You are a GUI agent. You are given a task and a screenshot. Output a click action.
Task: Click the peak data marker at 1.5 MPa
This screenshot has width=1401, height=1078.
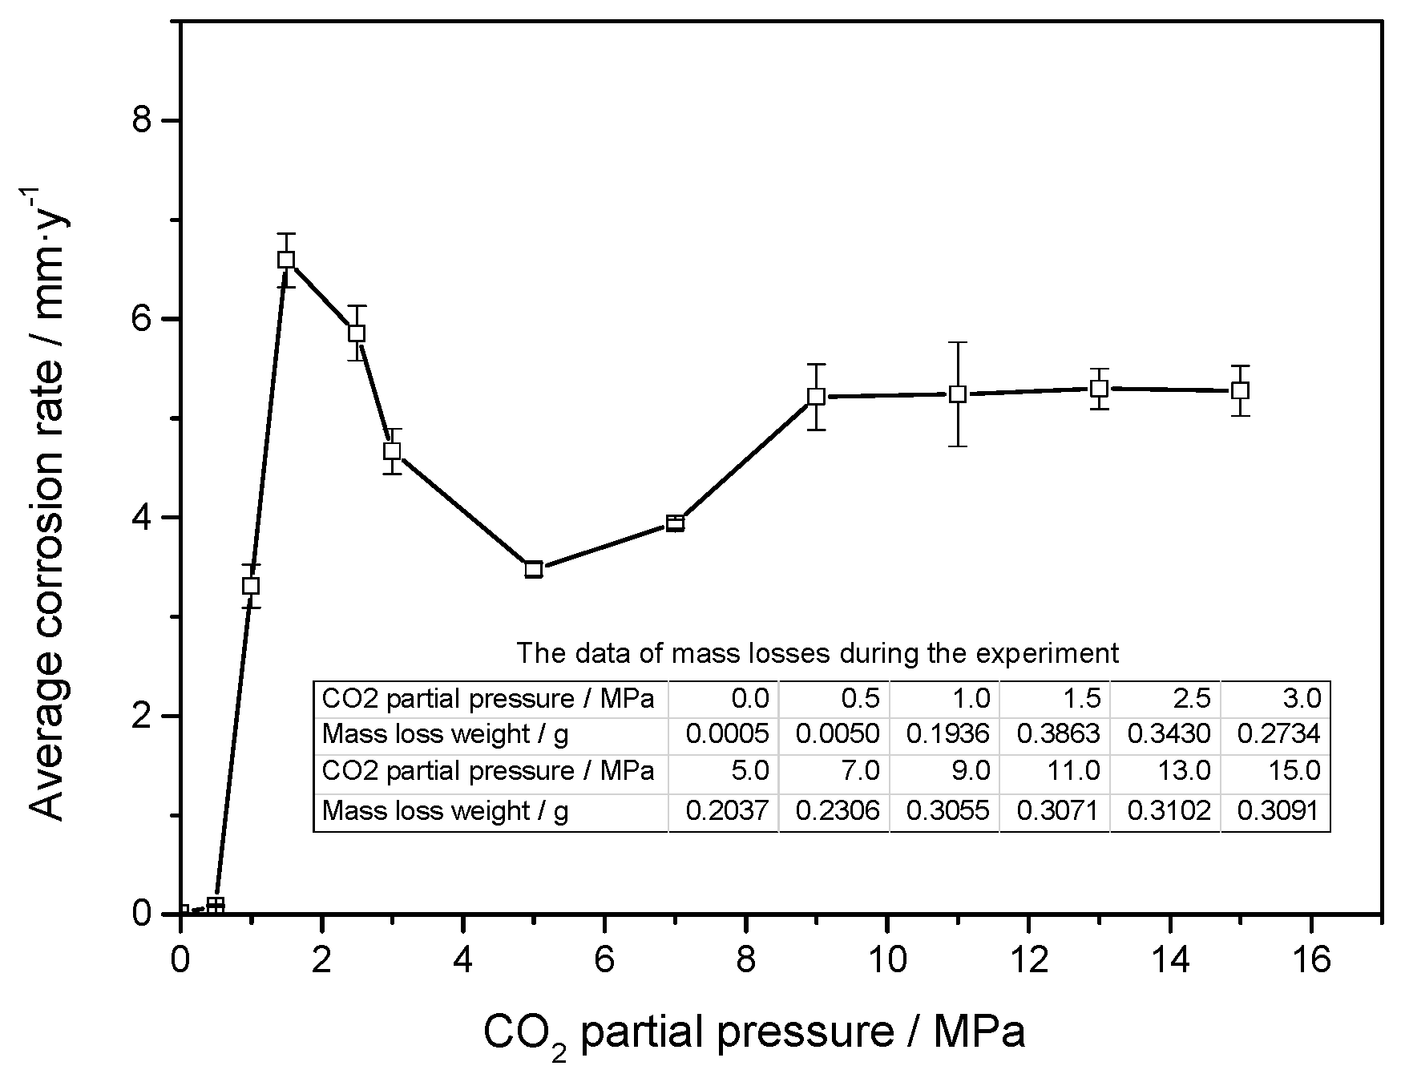(286, 260)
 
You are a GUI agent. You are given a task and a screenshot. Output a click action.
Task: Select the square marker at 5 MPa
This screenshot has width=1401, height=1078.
(534, 570)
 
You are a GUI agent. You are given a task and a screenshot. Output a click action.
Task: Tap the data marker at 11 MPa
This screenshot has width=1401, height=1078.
(958, 394)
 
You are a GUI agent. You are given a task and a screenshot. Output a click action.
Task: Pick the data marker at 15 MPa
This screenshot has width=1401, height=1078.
(1241, 390)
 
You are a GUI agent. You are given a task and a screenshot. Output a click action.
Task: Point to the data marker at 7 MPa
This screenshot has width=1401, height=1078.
(675, 524)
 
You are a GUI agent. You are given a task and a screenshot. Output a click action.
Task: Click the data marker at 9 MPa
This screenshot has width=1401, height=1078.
(816, 396)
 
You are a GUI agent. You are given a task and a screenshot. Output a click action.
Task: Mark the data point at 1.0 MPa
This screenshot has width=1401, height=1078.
(251, 586)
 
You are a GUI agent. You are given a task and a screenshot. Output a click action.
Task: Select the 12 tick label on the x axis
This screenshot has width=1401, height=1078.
(1029, 959)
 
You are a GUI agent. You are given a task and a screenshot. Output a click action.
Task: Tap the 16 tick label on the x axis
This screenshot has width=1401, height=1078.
(1311, 959)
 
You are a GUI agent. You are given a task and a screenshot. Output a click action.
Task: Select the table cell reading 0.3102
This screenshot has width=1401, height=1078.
(1169, 811)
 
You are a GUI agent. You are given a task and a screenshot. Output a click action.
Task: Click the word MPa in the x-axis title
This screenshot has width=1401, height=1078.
(979, 1032)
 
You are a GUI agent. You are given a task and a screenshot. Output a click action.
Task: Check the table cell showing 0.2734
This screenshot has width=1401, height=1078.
(1278, 734)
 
